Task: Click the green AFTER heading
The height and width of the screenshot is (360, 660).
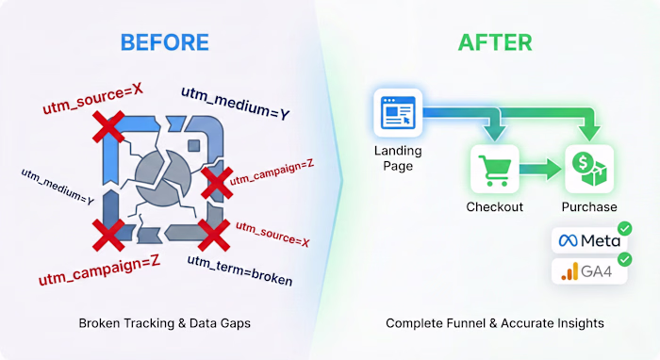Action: click(x=495, y=42)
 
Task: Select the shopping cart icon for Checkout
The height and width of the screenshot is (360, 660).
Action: click(x=493, y=169)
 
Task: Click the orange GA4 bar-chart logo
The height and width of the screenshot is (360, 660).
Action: click(x=568, y=273)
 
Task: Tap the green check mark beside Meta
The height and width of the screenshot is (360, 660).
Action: click(x=624, y=229)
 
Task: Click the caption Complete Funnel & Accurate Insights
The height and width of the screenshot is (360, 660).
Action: click(x=495, y=323)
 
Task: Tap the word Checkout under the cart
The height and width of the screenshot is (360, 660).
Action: click(x=493, y=207)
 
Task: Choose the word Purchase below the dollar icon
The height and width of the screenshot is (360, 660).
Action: click(x=589, y=207)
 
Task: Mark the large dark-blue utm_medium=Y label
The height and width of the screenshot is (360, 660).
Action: click(x=235, y=103)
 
